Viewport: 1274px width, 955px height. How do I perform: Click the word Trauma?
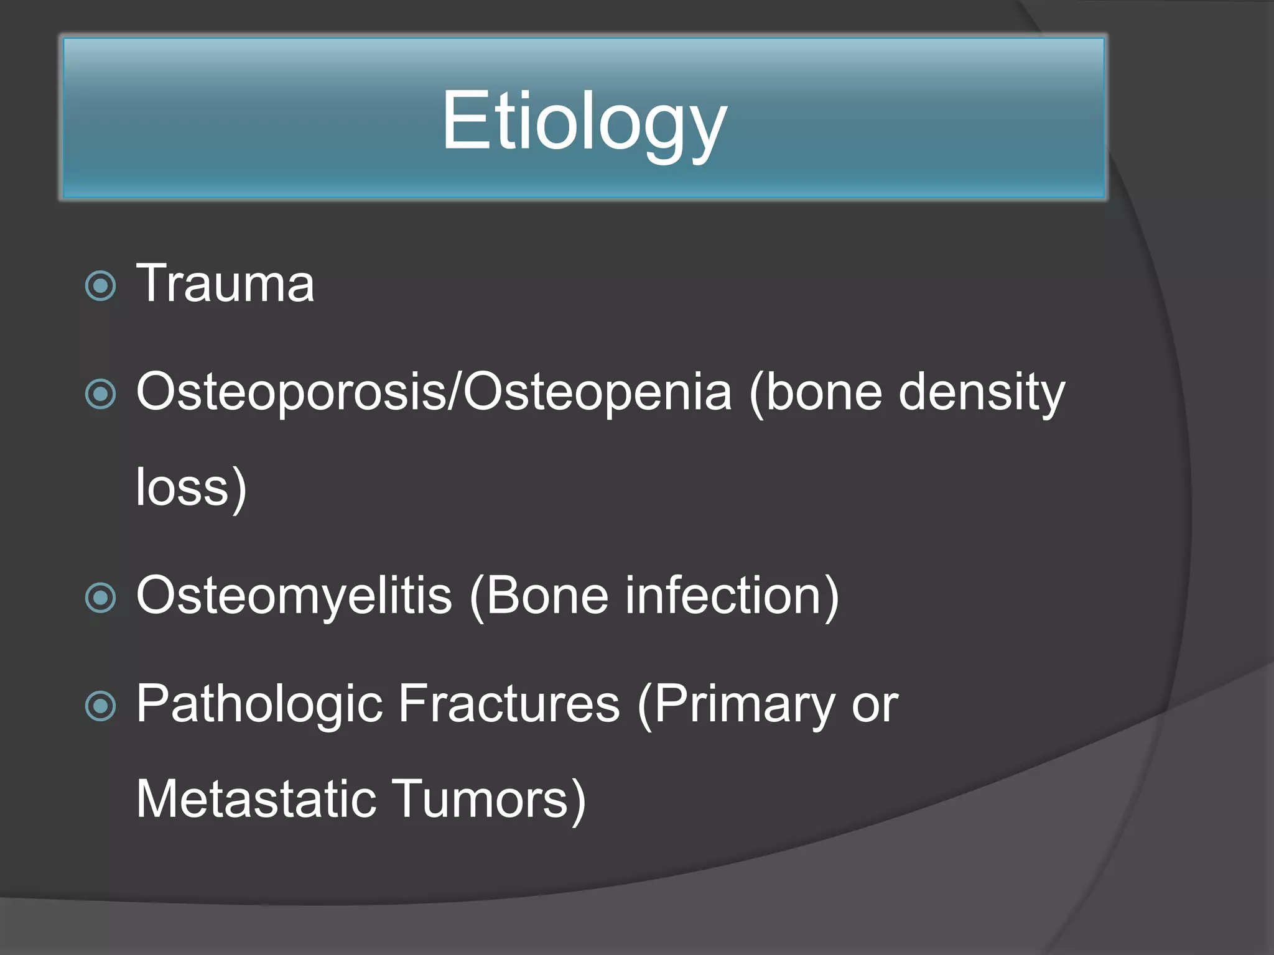(x=225, y=284)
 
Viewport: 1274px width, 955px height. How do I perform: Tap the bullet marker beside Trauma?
(x=100, y=286)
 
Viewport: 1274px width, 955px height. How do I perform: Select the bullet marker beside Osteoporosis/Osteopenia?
(x=100, y=394)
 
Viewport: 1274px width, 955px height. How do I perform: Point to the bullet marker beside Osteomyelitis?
(x=100, y=597)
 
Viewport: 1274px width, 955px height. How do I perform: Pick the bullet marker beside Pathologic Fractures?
(x=100, y=706)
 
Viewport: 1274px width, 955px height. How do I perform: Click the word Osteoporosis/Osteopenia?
(x=434, y=392)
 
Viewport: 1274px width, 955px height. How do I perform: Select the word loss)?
(x=192, y=488)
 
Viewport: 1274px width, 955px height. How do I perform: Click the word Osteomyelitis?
(x=294, y=596)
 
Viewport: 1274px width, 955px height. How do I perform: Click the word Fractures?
(x=509, y=704)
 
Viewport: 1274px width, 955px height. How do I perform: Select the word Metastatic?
(x=256, y=799)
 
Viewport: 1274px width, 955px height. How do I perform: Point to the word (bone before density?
(x=816, y=392)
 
